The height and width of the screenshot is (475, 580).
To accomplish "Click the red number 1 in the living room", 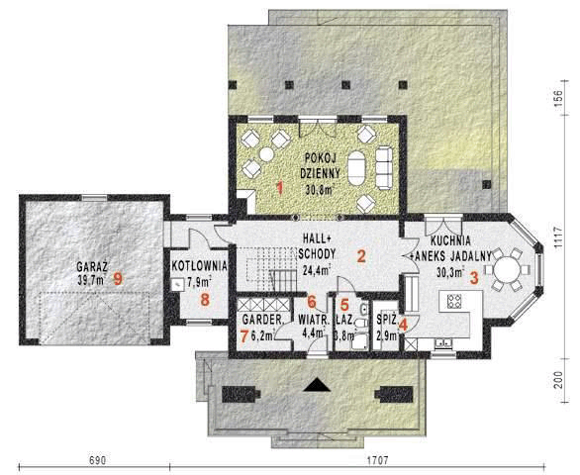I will [279, 186].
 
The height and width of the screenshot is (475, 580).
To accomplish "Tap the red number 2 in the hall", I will [362, 256].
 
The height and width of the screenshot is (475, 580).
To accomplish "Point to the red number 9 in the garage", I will [118, 279].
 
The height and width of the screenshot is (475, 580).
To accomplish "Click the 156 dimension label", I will [558, 100].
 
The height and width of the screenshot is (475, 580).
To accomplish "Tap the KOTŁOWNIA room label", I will [200, 266].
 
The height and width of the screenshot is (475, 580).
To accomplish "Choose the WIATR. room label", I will [314, 321].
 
